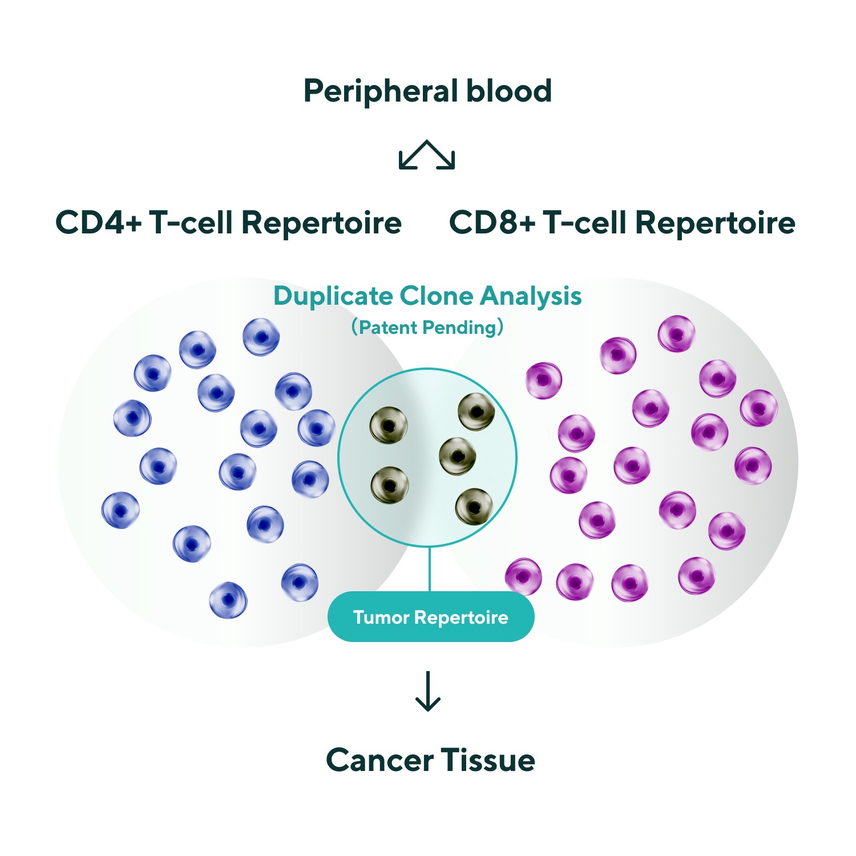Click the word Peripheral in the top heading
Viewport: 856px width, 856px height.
tap(377, 91)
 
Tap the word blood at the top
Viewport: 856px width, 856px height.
tap(509, 91)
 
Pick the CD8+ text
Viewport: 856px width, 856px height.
tap(492, 222)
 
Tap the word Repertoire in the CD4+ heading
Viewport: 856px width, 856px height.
tap(321, 223)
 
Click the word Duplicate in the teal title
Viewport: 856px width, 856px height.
tap(333, 296)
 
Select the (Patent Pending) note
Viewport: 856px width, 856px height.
tap(427, 328)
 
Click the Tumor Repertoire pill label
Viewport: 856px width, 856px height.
tap(431, 617)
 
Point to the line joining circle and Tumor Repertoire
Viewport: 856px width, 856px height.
tap(429, 569)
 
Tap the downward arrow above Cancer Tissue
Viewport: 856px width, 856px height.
tap(427, 692)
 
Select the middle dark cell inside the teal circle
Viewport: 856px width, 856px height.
tap(458, 456)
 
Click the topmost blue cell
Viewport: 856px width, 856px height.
tap(261, 337)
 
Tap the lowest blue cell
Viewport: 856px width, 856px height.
tap(228, 600)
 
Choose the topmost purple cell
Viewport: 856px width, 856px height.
tap(676, 334)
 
